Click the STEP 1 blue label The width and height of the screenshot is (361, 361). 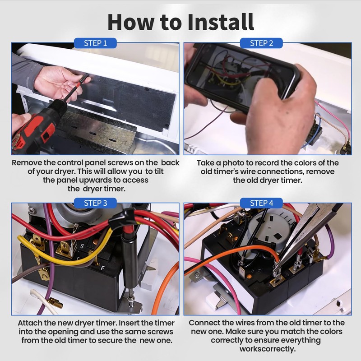[x=95, y=43]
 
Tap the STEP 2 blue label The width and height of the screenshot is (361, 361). [x=261, y=43]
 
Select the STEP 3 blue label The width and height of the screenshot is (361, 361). [x=95, y=203]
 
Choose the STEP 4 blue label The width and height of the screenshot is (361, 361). [x=261, y=203]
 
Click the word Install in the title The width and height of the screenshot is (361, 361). [x=221, y=22]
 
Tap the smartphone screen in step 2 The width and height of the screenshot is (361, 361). [x=240, y=74]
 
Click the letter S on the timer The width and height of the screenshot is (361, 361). [x=82, y=246]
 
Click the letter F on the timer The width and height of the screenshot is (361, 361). [x=103, y=268]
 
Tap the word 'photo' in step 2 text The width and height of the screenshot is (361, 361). [x=233, y=163]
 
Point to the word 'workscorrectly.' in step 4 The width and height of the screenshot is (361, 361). [x=268, y=349]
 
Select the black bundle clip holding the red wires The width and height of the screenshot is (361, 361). [x=122, y=218]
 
